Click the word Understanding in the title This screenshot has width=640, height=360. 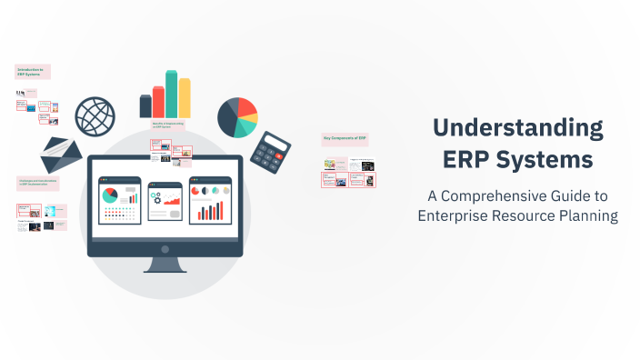click(x=518, y=128)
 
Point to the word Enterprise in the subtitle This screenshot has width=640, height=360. click(x=458, y=215)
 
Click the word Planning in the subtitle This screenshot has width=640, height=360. click(x=587, y=215)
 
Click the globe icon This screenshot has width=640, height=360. click(x=95, y=116)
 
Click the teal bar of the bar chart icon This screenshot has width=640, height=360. click(x=171, y=94)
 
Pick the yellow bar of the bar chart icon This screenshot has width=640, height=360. click(x=185, y=97)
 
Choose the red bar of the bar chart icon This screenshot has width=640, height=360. click(x=158, y=101)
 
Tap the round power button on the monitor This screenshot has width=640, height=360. click(x=165, y=247)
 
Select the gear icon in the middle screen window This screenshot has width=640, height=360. click(x=155, y=196)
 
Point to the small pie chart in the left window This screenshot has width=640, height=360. click(x=110, y=195)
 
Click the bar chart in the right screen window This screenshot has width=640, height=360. click(x=211, y=211)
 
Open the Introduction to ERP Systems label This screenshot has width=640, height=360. click(x=33, y=72)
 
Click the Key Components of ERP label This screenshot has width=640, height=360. click(x=345, y=139)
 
